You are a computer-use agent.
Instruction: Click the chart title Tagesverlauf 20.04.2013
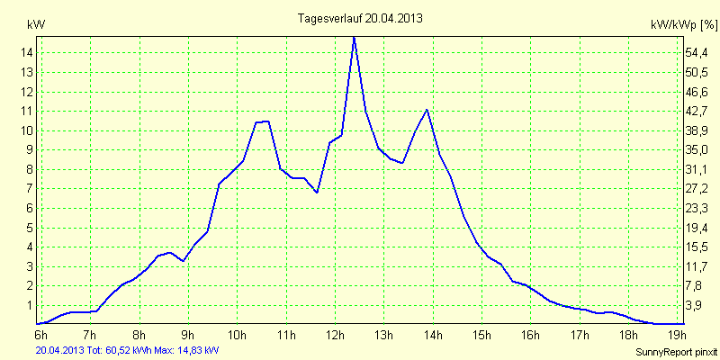pos(360,18)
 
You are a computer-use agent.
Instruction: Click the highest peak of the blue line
pos(355,37)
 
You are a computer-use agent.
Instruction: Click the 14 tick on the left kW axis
pos(27,53)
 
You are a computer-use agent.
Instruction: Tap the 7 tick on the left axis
pos(30,189)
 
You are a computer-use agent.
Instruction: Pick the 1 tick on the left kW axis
pos(30,305)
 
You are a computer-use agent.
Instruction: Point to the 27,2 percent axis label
pos(698,189)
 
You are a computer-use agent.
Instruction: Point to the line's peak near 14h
pos(427,110)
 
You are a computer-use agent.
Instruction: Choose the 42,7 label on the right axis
pos(698,111)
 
